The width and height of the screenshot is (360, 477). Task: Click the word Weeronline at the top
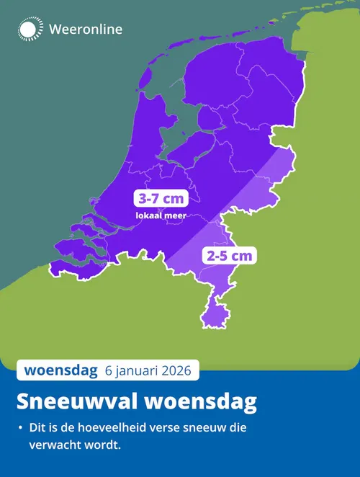pos(85,30)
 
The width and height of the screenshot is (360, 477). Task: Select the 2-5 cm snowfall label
pos(230,255)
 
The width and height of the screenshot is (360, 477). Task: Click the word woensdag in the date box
pos(60,371)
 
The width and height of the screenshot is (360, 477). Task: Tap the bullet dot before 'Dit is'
pos(20,429)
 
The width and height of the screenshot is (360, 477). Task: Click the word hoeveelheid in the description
pos(119,428)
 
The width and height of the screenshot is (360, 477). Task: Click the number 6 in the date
pos(109,372)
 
